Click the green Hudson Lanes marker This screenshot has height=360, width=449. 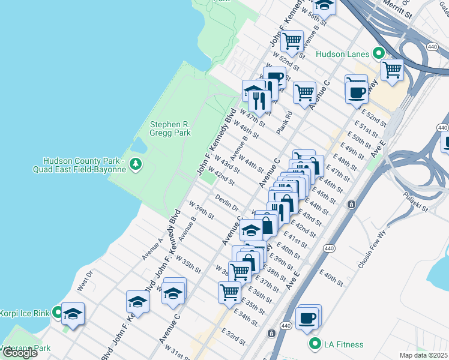coord(379,54)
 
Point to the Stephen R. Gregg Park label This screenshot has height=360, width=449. coord(170,128)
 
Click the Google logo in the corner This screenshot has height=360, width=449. coord(20,353)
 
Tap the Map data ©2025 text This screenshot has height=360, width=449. coord(423,355)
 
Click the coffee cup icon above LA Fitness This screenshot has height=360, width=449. coord(307,318)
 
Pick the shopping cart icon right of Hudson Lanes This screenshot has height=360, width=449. coord(392,70)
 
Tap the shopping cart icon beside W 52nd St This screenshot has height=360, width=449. coord(292,41)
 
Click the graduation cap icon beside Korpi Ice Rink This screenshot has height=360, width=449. coord(73,314)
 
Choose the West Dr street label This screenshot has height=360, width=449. coord(85,281)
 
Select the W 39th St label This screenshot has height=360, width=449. coord(203,213)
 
